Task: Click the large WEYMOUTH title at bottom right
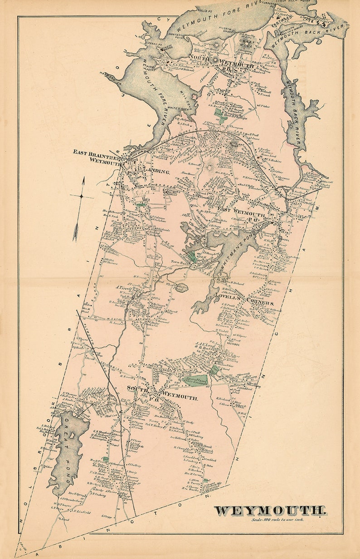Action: click(270, 510)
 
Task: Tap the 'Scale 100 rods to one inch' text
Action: click(278, 519)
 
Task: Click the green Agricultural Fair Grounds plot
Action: click(196, 380)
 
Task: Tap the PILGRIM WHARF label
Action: click(223, 40)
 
